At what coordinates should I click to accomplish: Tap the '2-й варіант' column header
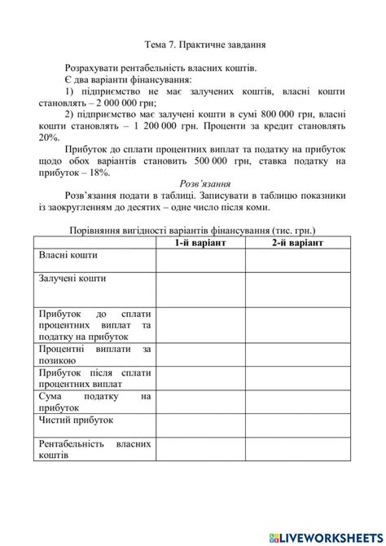(x=296, y=243)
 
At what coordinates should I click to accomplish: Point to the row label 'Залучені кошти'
(x=72, y=279)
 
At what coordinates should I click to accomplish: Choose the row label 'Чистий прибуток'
(x=77, y=420)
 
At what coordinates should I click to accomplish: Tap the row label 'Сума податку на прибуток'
(x=94, y=401)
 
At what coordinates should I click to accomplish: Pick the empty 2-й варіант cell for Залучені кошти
(x=296, y=288)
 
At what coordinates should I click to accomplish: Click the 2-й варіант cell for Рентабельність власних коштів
(x=296, y=449)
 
